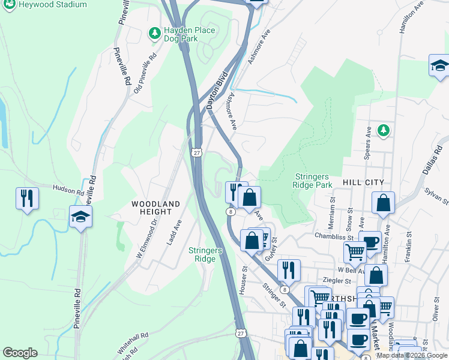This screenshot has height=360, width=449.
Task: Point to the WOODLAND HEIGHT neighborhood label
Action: click(156, 209)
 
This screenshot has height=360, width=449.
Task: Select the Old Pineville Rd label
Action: click(145, 73)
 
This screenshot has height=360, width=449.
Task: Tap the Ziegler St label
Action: click(336, 280)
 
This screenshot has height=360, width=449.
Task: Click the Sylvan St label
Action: click(436, 194)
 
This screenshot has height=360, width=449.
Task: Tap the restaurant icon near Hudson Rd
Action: click(27, 198)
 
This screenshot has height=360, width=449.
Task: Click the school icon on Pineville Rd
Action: click(80, 217)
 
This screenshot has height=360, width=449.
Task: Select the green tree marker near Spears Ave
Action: click(382, 130)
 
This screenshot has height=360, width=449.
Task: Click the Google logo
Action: click(20, 353)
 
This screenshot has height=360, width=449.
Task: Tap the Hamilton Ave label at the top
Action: click(411, 16)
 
